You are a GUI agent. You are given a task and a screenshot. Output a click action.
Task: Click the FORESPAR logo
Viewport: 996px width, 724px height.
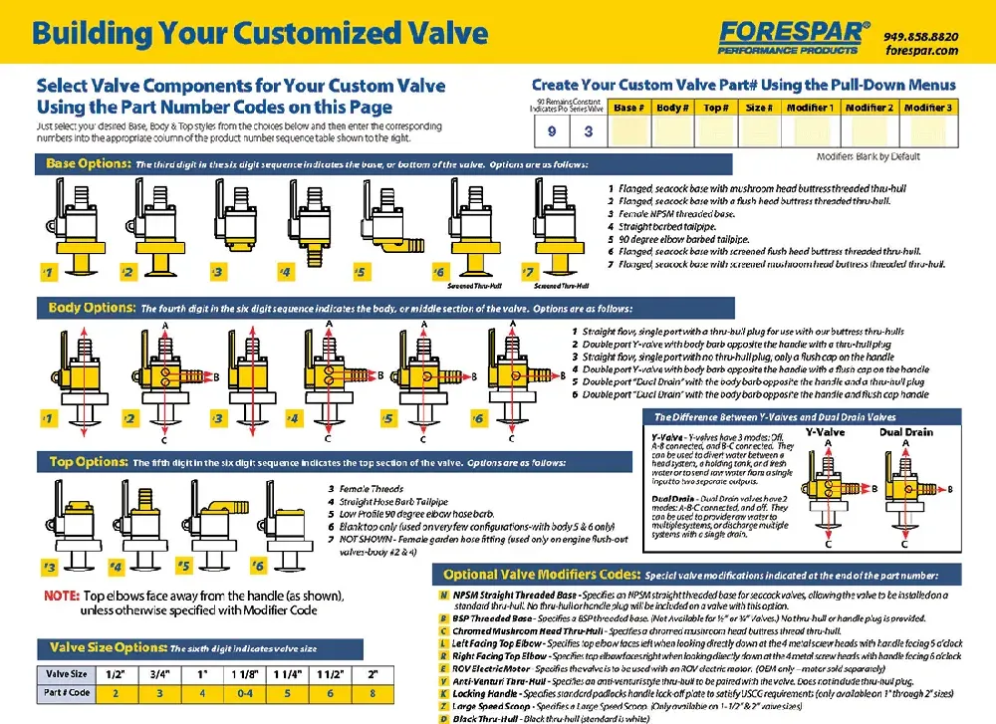[x=793, y=37]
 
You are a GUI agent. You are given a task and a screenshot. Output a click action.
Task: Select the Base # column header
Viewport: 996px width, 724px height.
[x=626, y=108]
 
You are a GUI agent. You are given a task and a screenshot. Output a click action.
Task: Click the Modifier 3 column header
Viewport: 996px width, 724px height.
[x=927, y=108]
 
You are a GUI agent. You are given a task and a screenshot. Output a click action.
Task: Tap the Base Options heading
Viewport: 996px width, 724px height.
[x=88, y=162]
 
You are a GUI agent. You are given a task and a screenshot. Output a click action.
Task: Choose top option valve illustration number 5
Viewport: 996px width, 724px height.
[x=200, y=528]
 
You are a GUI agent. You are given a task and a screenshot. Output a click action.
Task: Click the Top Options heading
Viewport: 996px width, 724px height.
[x=87, y=461]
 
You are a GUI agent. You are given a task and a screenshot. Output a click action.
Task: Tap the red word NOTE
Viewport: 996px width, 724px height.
[x=62, y=596]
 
